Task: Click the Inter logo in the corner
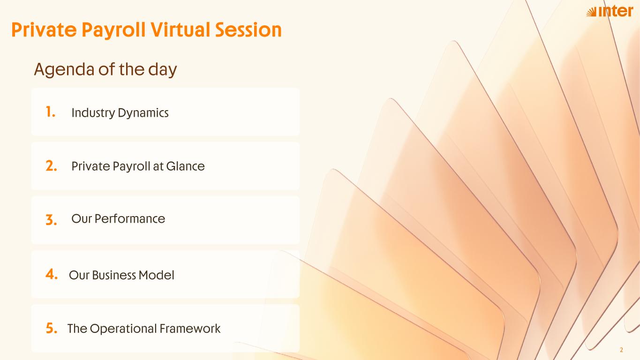(x=610, y=11)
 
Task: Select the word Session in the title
(x=248, y=30)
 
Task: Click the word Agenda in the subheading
(x=64, y=70)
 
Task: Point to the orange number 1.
(x=50, y=112)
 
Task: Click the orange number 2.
(x=51, y=166)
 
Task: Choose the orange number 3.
(x=51, y=220)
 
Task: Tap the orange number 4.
(x=52, y=274)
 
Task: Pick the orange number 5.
(x=52, y=328)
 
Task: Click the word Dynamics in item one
(x=143, y=113)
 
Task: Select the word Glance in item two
(x=185, y=166)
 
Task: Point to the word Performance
(x=130, y=219)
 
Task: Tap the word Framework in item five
(x=190, y=329)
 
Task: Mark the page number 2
(x=621, y=350)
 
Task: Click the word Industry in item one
(x=93, y=113)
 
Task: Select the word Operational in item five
(x=123, y=329)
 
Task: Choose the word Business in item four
(x=114, y=275)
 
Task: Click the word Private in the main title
(x=44, y=30)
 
